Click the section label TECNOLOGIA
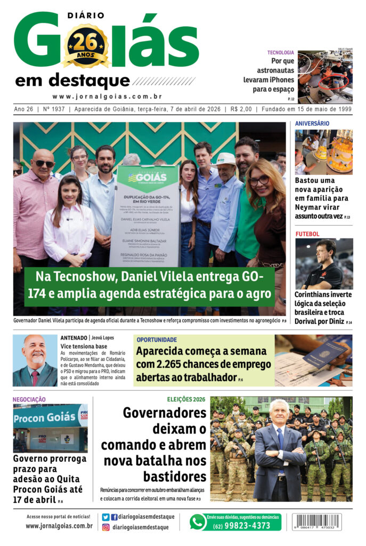click(280, 52)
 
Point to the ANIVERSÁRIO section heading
click(312, 123)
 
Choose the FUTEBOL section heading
click(307, 234)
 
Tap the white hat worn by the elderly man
click(226, 158)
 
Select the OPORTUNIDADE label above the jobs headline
click(157, 340)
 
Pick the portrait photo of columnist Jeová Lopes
click(35, 360)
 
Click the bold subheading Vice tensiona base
click(83, 346)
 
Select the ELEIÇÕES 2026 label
click(186, 399)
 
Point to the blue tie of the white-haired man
click(280, 440)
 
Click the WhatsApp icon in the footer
click(198, 521)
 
